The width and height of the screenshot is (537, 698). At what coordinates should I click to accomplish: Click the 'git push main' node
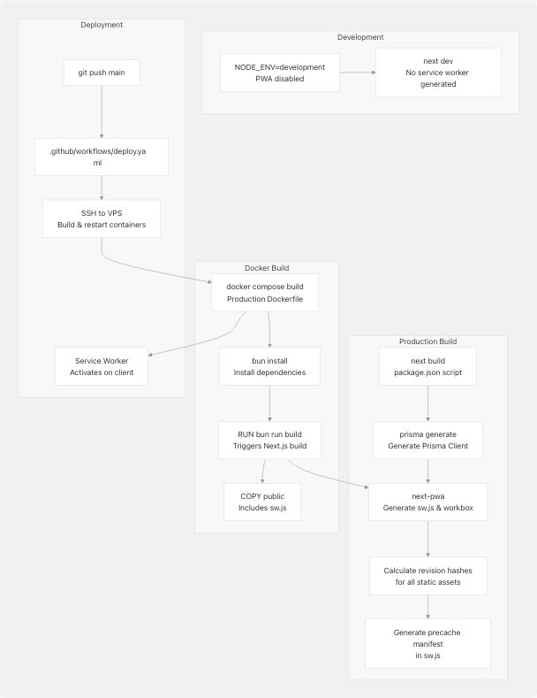point(102,73)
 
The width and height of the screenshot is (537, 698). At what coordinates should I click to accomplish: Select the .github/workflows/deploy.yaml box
point(102,157)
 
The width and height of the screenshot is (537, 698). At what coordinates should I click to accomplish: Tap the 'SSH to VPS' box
point(102,219)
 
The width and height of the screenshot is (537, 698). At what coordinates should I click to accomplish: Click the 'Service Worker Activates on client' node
point(102,365)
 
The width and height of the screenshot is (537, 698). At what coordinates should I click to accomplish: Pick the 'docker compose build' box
point(265,293)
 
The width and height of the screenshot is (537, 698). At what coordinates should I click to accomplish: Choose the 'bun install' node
point(269,365)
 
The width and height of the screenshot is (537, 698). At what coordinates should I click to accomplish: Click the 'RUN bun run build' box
point(269,441)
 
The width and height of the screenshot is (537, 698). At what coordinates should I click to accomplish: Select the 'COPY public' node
point(262,502)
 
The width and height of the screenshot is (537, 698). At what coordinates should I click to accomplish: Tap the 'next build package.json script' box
point(427,365)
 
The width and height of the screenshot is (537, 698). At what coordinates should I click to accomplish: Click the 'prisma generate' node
point(427,441)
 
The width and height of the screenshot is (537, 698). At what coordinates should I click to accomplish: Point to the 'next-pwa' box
point(427,502)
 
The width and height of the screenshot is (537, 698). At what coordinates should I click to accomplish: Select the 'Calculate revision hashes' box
point(427,576)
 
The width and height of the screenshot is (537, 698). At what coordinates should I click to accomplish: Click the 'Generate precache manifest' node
point(427,643)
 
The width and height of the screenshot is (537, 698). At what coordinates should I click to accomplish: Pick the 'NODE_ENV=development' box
point(278,73)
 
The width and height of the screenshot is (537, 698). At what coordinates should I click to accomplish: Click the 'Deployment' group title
point(102,25)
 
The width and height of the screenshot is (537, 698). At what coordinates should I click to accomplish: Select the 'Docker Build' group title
point(267,268)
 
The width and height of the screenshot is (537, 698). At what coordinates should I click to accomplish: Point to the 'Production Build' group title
point(427,341)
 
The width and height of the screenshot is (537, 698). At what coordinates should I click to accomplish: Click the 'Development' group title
point(360,37)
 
